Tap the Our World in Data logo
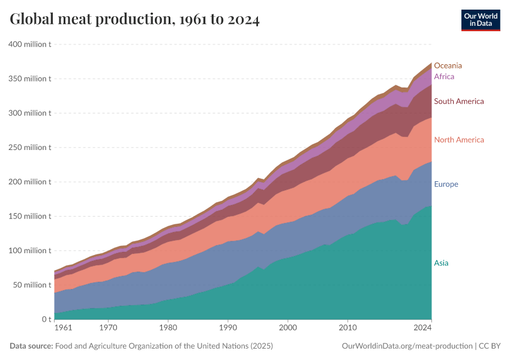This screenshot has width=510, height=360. point(481,20)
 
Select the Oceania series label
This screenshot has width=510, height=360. point(448,65)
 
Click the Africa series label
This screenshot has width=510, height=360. point(444,77)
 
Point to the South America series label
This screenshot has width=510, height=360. point(458,101)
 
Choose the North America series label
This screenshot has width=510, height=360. point(458,140)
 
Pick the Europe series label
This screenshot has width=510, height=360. point(446,184)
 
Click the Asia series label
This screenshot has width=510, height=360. point(441,263)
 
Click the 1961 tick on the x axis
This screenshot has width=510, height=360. point(62,328)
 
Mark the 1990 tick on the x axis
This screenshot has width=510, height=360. point(228,328)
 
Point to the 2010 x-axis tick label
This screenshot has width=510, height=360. point(347,328)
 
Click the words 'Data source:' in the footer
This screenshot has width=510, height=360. point(31,346)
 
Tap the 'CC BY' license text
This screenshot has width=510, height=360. point(490,346)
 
